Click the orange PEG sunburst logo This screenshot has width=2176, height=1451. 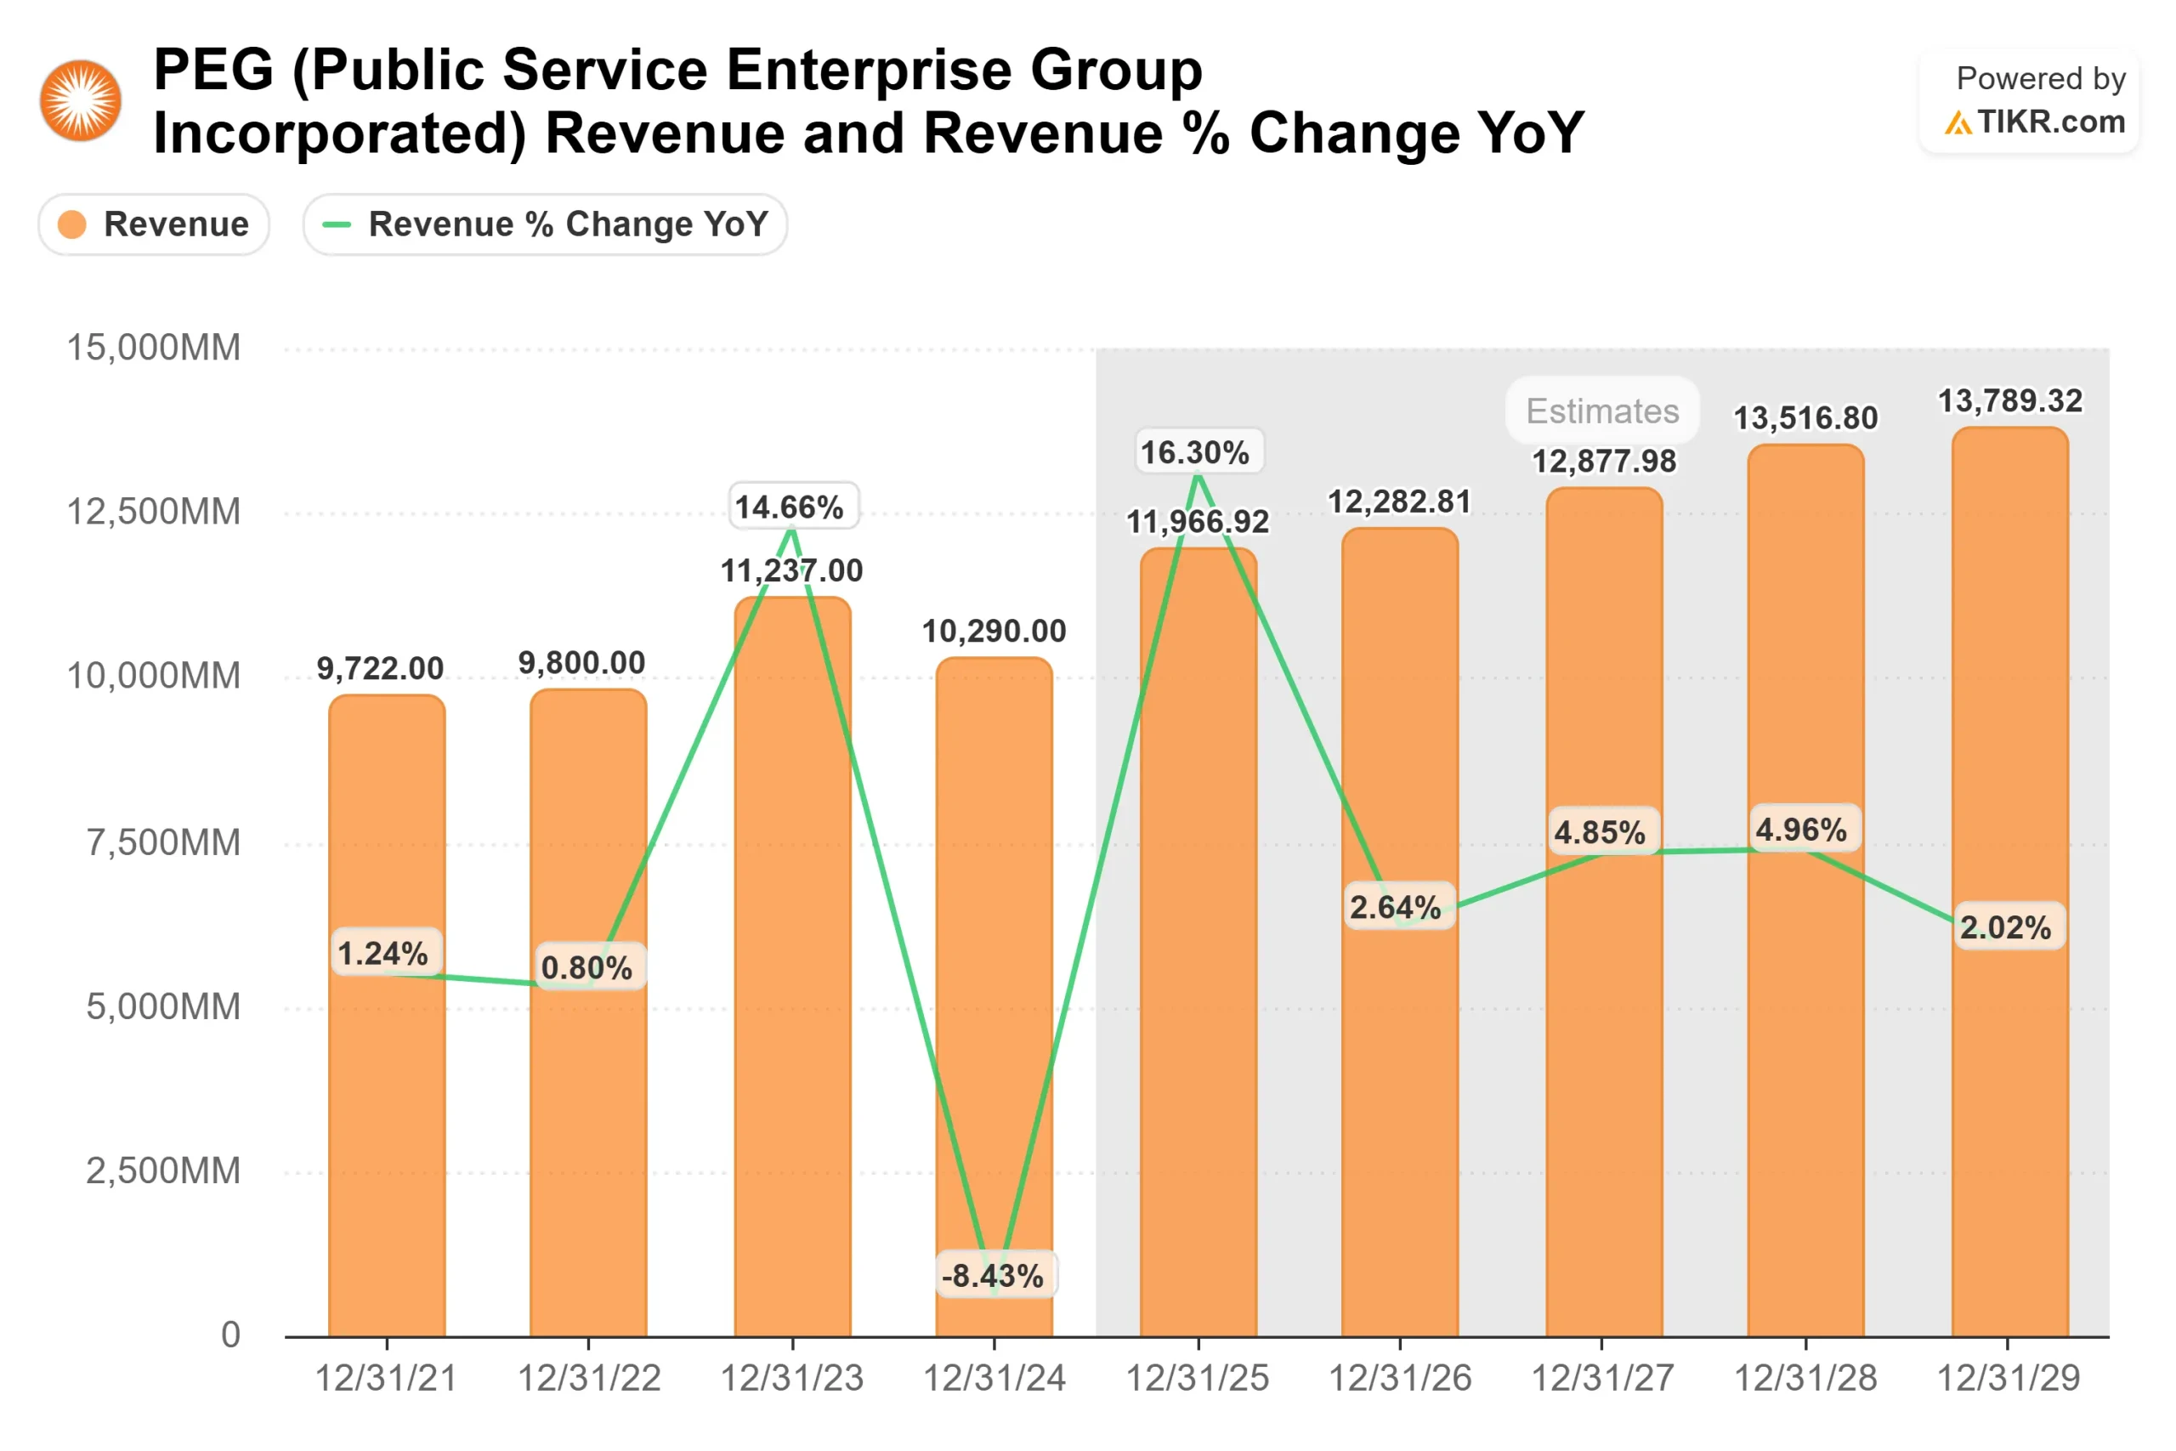coord(81,101)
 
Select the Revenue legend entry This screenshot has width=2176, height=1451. coord(154,224)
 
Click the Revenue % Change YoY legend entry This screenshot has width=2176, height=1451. coord(545,224)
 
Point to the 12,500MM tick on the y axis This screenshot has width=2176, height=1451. coord(154,512)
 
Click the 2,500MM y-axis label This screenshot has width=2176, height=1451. coord(163,1170)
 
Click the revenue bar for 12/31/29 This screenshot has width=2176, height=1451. coord(2009,1110)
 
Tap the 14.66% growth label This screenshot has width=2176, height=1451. coord(789,507)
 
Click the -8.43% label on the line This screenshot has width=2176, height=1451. coord(993,1276)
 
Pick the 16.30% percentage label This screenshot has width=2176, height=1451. coord(1195,452)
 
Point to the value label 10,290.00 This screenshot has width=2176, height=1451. coord(994,631)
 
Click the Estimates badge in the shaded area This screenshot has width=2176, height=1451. coord(1601,411)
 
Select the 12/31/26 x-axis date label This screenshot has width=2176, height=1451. coord(1400,1379)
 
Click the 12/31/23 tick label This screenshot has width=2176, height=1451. coord(792,1379)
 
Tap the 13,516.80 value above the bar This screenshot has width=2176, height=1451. coord(1805,418)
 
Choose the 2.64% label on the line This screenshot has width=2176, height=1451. coord(1395,907)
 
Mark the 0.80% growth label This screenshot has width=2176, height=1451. coord(586,968)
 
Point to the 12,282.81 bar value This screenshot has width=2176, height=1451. coord(1400,502)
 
